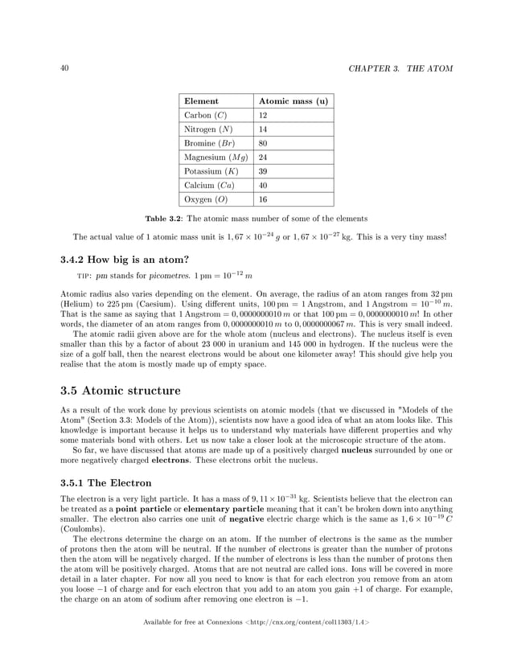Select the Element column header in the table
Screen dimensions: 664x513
click(x=201, y=101)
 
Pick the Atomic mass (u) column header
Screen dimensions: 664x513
click(x=293, y=101)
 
